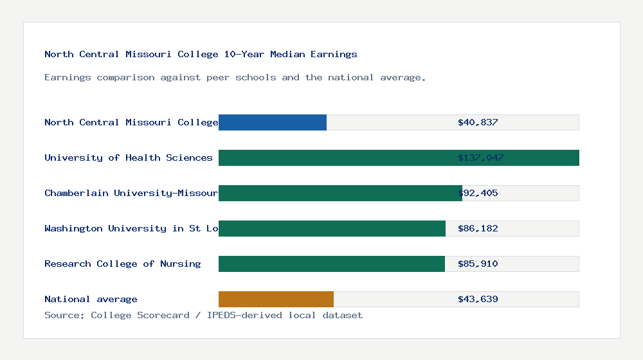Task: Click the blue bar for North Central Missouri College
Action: pos(273,122)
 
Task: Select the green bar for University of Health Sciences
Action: pos(399,157)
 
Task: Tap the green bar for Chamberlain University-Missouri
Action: pos(340,193)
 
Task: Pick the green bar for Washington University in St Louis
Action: pos(332,228)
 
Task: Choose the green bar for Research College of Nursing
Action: pos(332,264)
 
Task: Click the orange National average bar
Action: pos(276,299)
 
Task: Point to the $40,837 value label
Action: pos(478,122)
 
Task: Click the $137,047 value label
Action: pos(480,157)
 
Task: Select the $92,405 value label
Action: pos(478,193)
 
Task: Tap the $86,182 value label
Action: pos(478,228)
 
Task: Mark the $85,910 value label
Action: pos(478,264)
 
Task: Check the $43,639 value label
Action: pos(478,299)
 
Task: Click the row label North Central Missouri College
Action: pos(131,122)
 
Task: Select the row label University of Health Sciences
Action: pos(129,157)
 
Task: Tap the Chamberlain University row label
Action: pos(131,193)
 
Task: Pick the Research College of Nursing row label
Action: pos(122,264)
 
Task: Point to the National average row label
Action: pos(91,299)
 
